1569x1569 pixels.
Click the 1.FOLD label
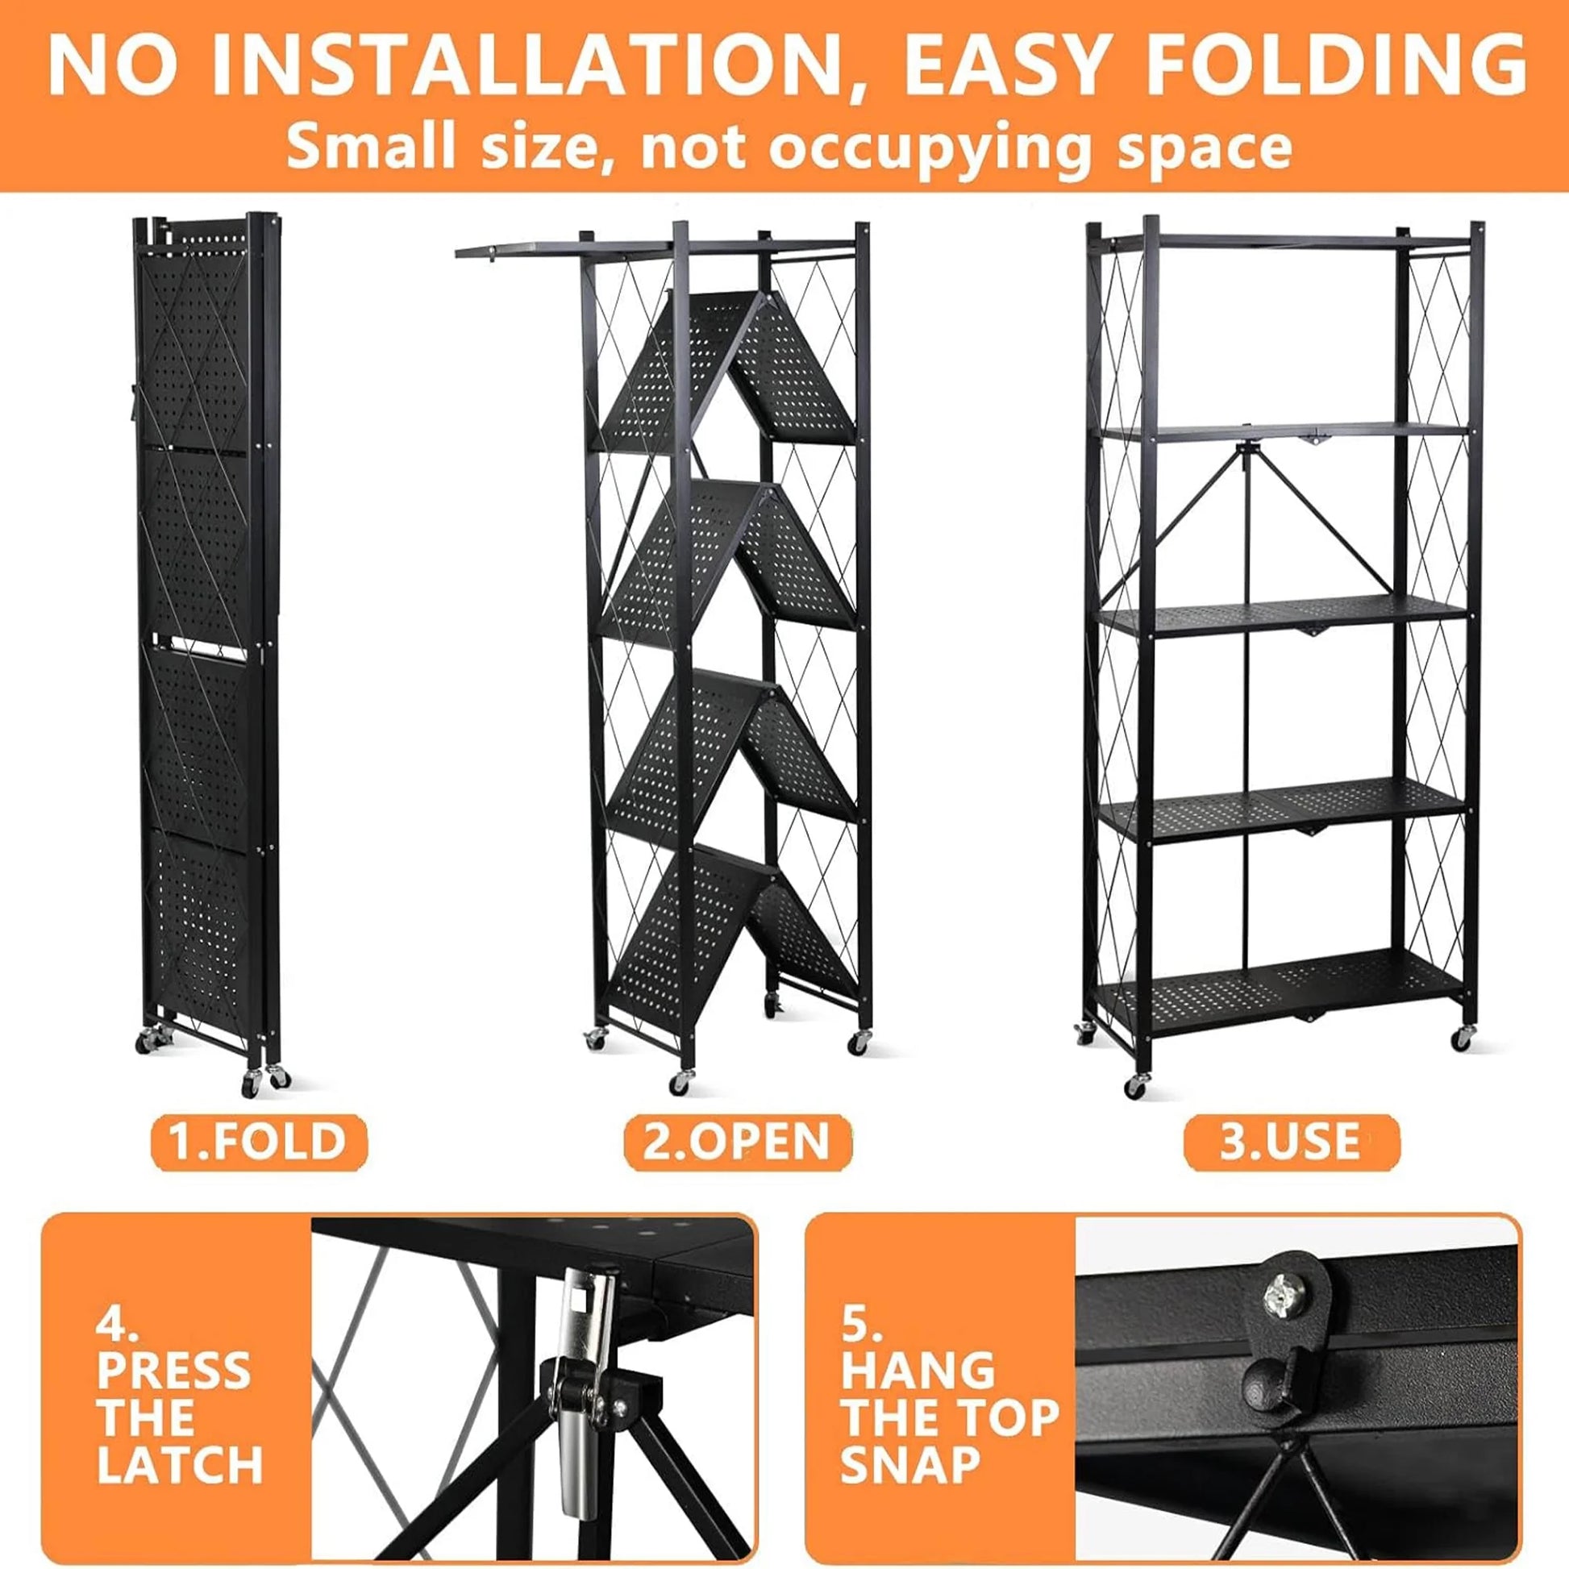[258, 1141]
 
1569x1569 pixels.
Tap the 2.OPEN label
[737, 1141]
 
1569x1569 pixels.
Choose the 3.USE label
[1291, 1141]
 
